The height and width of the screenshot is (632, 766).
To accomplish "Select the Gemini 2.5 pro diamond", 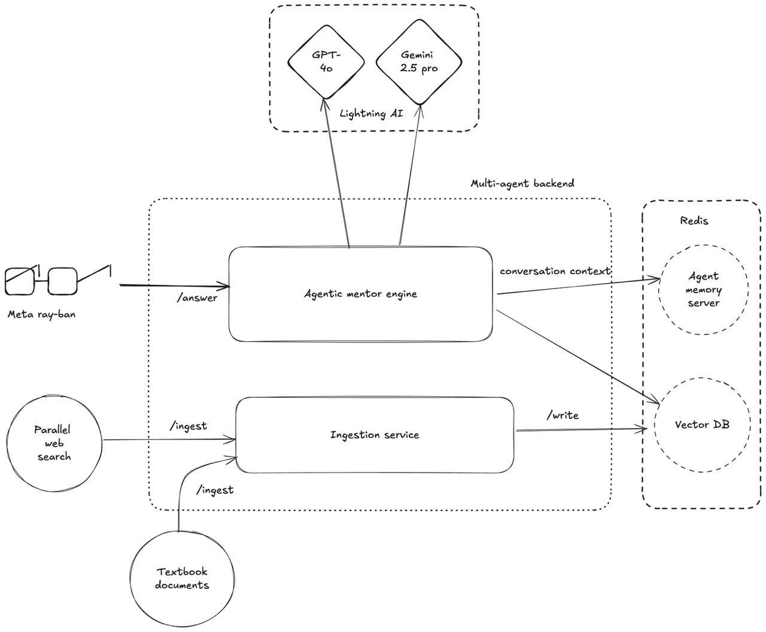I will [419, 61].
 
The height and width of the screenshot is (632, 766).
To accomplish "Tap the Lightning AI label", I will [371, 114].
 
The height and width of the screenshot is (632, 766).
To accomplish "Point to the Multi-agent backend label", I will [522, 183].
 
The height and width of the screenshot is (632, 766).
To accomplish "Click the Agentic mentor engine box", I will [360, 294].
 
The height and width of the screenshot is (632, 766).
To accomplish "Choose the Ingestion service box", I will [375, 435].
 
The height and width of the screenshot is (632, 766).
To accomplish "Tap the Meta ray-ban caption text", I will [41, 314].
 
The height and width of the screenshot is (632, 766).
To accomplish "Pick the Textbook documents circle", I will [182, 578].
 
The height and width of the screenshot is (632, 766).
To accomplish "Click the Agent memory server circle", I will [703, 289].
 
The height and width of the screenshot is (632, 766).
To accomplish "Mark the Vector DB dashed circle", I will [702, 425].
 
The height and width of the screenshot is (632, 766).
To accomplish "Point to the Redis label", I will [694, 221].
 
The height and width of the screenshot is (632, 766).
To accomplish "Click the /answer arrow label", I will [197, 298].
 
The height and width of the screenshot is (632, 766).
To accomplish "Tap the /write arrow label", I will [563, 415].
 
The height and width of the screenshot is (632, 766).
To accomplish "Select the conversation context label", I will [555, 271].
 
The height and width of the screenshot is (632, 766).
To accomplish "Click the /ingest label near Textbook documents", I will [215, 490].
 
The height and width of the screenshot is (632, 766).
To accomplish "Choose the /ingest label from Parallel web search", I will [189, 426].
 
